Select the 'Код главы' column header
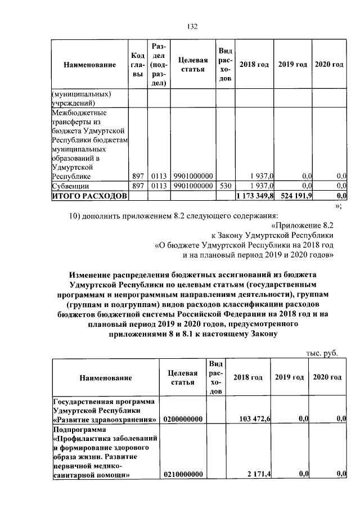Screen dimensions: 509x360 pos(138,65)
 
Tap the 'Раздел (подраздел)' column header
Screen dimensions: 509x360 pos(158,64)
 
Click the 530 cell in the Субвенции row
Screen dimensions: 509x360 pos(225,185)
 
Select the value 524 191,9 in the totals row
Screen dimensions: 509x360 pos(293,195)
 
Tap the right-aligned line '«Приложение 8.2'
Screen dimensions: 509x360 pos(307,224)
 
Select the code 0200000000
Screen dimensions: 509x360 pos(183,419)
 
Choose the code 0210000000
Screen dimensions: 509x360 pos(183,475)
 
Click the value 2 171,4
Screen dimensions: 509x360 pos(259,475)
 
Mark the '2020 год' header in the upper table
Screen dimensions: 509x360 pos(329,65)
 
